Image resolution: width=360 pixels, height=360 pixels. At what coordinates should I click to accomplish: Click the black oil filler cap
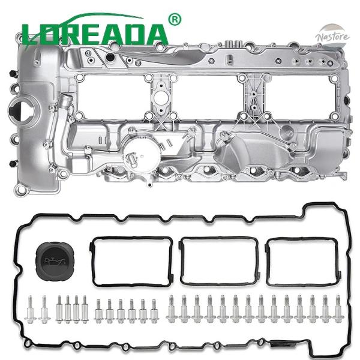pyautogui.click(x=53, y=257)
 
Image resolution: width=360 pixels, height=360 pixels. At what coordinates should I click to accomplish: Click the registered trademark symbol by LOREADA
pyautogui.click(x=175, y=19)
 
